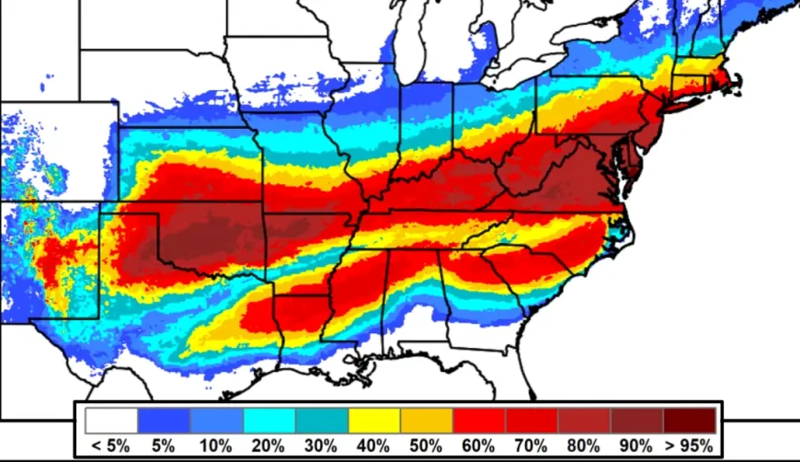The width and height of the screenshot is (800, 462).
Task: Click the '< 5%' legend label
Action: pos(110,446)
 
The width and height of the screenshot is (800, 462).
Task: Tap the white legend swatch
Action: pos(111,421)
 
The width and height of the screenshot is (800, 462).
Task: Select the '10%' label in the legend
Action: pos(216,446)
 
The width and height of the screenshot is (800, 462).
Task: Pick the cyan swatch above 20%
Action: pos(269,421)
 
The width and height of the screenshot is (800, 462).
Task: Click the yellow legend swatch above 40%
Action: pos(374,421)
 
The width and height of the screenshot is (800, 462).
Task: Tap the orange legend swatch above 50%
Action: pos(427,421)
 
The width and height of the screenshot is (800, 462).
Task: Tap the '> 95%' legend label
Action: pos(690,446)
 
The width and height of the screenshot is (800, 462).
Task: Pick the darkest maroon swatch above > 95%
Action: pos(690,421)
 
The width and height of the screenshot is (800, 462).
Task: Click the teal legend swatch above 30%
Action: pos(322,421)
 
